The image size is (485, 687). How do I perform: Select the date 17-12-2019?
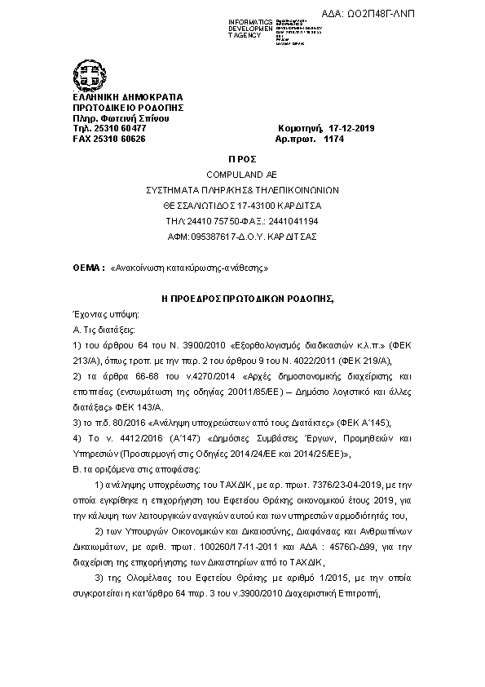[x=351, y=129]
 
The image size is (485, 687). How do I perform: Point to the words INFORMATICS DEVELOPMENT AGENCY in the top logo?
[x=228, y=26]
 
